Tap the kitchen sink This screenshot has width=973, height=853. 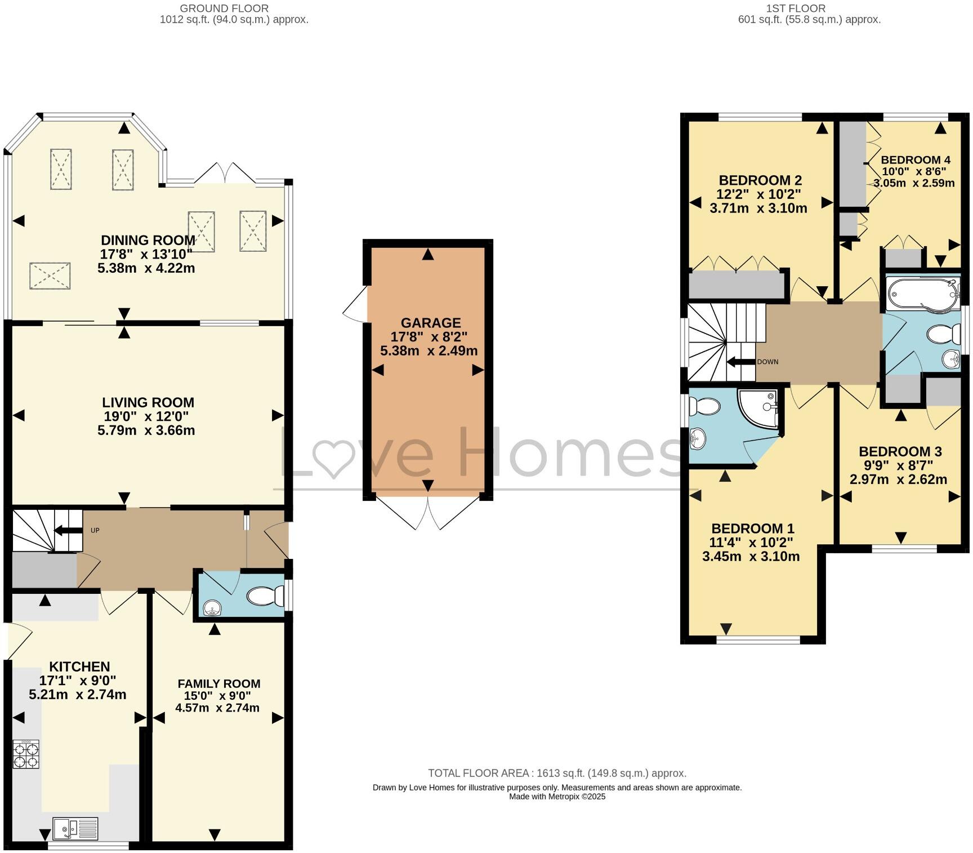point(75,828)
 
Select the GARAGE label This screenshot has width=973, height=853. point(430,323)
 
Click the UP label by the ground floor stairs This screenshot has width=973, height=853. point(95,531)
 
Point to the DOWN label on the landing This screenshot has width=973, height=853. point(767,362)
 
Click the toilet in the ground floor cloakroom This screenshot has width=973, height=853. point(266,596)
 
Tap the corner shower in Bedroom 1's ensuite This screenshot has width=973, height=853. point(761,408)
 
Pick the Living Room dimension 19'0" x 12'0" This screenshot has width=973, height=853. point(148,416)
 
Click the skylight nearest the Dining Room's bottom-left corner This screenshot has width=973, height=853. point(50,276)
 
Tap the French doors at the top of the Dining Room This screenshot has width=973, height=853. point(225,172)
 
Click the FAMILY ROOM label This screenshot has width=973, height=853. point(218,683)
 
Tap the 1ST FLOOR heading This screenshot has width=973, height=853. point(796,8)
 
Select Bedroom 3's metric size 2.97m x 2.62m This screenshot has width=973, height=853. point(898,479)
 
